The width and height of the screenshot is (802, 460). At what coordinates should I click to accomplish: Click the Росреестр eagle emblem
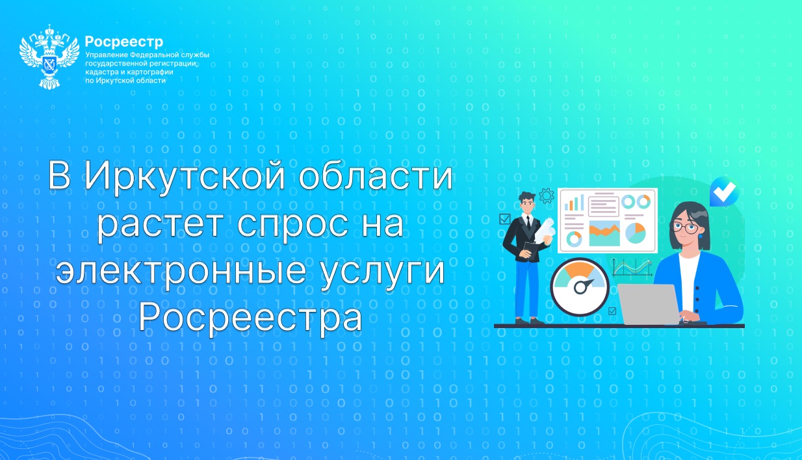[x=49, y=57]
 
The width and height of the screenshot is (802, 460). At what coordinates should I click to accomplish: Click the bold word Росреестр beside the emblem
[x=124, y=42]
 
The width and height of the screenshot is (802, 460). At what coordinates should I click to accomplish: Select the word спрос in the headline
[x=293, y=224]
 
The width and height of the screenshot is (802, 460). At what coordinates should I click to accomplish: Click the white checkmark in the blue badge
[x=724, y=192]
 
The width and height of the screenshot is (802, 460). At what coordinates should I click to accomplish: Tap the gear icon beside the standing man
[x=547, y=196]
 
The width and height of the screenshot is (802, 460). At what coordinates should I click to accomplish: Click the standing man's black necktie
[x=529, y=223]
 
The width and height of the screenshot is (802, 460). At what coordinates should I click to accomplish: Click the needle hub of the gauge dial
[x=579, y=287]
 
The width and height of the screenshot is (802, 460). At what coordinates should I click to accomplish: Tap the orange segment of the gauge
[x=580, y=268]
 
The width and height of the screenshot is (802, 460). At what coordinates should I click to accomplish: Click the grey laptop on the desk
[x=649, y=304]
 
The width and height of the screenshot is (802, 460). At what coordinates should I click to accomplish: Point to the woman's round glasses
[x=686, y=227]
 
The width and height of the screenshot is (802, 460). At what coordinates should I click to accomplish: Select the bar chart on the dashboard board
[x=574, y=203]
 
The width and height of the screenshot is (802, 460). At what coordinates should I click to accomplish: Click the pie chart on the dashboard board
[x=636, y=233]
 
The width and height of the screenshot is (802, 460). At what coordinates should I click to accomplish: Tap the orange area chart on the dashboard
[x=604, y=234]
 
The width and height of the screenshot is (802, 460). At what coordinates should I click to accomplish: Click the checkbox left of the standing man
[x=505, y=219]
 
